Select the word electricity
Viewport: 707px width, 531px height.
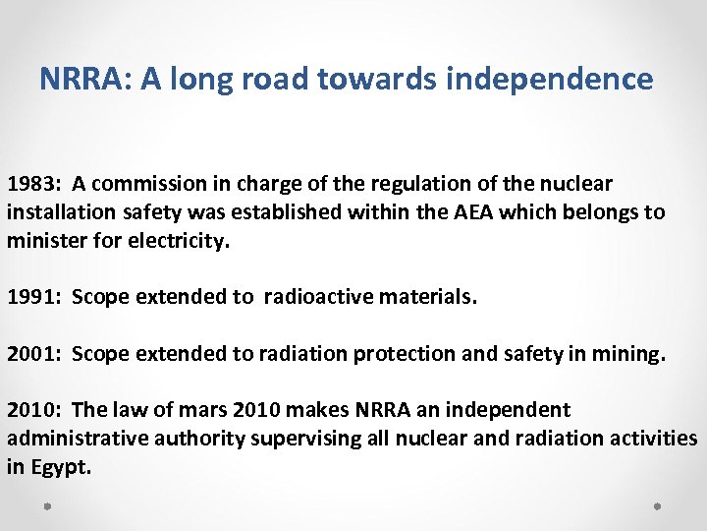click(181, 239)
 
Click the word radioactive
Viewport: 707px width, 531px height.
click(316, 297)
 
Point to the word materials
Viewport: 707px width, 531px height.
click(426, 297)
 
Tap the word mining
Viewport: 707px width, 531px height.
click(627, 354)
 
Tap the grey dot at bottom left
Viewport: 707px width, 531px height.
click(48, 507)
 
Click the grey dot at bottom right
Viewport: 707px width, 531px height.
click(658, 507)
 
